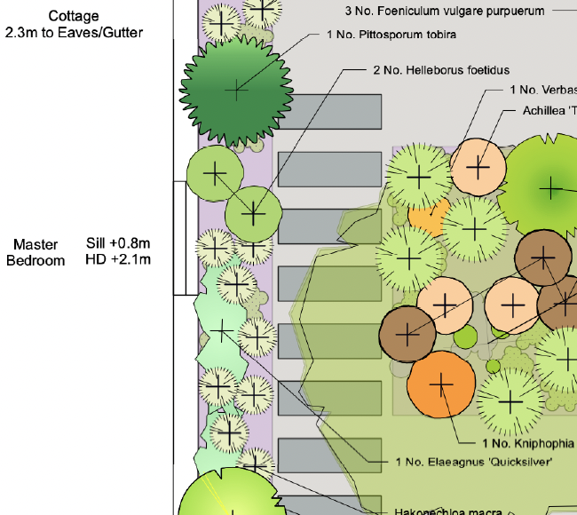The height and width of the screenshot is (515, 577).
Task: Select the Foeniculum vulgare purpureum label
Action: click(444, 11)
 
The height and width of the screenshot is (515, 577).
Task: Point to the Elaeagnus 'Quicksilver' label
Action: click(474, 462)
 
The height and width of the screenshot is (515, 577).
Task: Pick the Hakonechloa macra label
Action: click(448, 511)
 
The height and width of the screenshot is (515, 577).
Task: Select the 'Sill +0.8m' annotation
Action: click(118, 243)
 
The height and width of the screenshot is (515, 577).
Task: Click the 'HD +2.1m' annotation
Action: click(118, 259)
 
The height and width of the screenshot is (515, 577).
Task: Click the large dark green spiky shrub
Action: click(237, 91)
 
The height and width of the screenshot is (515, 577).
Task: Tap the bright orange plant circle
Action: click(441, 384)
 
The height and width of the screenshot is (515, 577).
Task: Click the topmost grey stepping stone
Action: click(329, 111)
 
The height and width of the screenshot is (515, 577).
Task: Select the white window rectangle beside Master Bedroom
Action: click(185, 238)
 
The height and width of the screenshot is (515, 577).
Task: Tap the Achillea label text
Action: click(550, 110)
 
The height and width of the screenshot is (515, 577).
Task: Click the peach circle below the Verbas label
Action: click(478, 166)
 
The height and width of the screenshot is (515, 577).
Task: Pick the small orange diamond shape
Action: click(428, 215)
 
